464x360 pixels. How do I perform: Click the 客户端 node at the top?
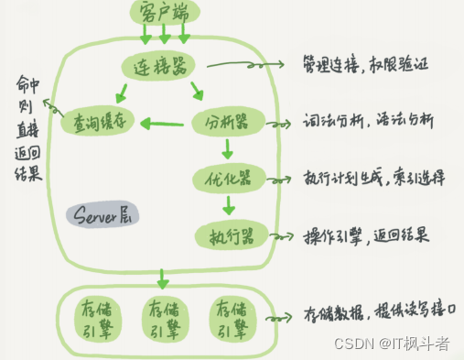point(164,12)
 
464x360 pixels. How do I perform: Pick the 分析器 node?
point(227,121)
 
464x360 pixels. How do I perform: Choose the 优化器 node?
point(228,176)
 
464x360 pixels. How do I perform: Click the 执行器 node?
point(227,235)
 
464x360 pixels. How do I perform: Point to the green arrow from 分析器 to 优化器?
point(228,149)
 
